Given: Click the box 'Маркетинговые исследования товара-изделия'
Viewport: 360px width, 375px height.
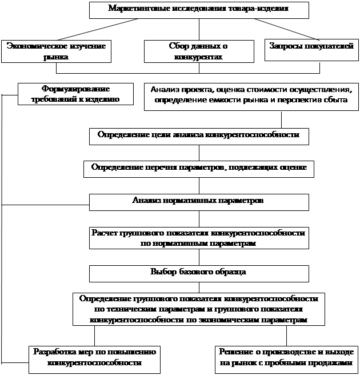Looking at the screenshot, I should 198,10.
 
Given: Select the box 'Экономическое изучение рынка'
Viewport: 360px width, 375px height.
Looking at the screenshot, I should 56,51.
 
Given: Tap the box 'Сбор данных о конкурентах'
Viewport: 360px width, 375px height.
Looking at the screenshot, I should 199,51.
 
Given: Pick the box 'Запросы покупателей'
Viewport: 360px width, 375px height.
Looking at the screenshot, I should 311,50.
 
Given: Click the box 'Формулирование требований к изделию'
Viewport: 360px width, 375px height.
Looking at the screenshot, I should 75,94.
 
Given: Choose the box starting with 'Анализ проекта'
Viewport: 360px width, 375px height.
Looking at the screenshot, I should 251,95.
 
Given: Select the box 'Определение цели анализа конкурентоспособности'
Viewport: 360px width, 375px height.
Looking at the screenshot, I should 198,136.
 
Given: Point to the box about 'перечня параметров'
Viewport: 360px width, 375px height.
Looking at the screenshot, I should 198,168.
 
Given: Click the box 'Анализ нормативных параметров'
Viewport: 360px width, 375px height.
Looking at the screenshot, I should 198,202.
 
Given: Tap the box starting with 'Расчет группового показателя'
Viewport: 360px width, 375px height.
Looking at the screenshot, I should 198,238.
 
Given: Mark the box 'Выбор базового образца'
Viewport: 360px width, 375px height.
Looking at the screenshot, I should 198,272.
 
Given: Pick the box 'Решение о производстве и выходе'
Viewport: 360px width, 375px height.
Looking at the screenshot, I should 287,357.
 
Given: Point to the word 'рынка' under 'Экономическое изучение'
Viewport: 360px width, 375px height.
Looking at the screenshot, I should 56,57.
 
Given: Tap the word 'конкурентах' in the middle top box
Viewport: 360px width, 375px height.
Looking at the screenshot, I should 199,57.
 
